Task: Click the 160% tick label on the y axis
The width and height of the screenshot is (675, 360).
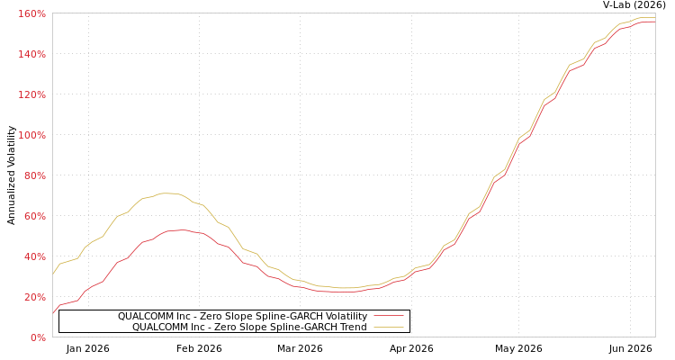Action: point(31,13)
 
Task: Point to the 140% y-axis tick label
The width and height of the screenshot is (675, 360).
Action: point(31,54)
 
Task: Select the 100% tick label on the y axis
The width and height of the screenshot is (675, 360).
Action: point(31,135)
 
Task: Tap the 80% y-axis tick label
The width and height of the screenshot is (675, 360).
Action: point(34,175)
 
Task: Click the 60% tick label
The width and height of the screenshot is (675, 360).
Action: point(34,216)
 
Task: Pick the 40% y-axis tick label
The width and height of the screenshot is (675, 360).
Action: point(34,256)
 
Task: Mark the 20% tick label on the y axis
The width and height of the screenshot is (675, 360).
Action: point(34,297)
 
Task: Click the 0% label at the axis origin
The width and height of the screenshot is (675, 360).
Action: point(39,337)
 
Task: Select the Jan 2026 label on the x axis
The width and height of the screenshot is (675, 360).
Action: point(88,348)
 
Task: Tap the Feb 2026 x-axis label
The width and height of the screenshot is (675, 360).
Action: point(199,348)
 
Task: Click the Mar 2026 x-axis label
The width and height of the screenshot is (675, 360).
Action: point(300,348)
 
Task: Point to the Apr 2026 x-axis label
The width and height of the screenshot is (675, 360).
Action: point(411,348)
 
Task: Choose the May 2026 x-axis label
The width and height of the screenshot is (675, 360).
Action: point(518,348)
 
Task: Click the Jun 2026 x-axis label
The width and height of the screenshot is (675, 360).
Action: point(630,348)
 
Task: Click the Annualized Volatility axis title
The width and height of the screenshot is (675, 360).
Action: point(11,175)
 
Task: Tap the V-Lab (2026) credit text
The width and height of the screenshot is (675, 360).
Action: point(634,5)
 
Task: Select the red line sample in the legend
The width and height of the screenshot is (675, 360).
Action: point(389,316)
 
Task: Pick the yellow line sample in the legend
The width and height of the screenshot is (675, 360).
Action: point(389,328)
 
